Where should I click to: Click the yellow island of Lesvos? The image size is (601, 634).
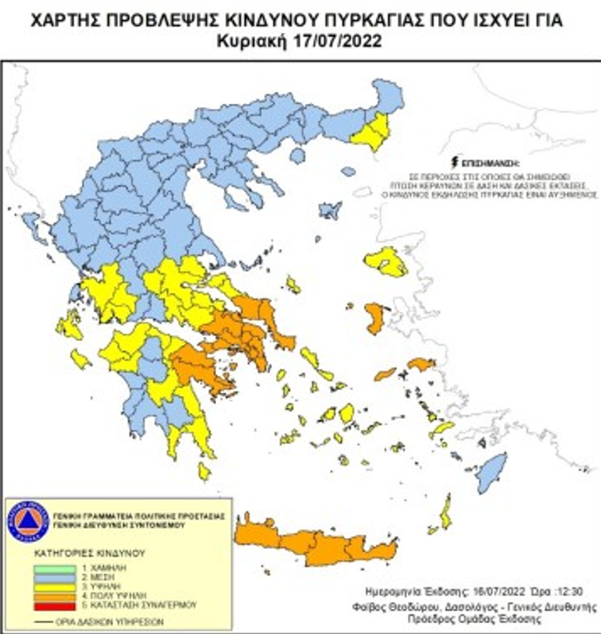(388, 261)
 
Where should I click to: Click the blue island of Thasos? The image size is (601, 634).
(298, 155)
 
